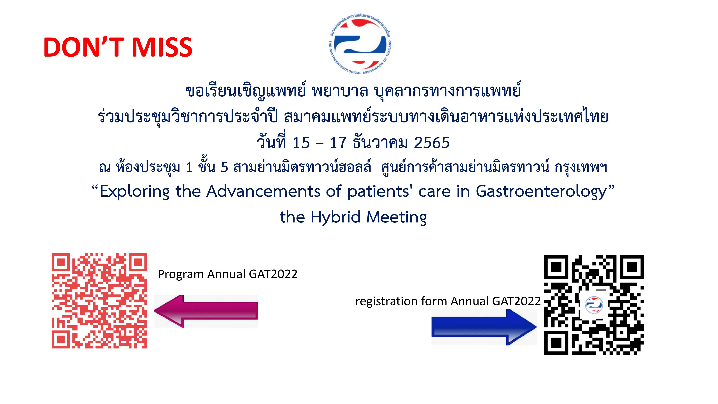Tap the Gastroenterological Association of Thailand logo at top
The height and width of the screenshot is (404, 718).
pos(360,44)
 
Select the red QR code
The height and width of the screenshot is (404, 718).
pos(99,301)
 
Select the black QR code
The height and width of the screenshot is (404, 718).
pos(594,305)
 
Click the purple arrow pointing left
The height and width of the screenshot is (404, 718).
pos(206,311)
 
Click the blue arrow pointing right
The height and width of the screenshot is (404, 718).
pos(484,327)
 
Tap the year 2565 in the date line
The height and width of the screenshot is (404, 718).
pos(432,143)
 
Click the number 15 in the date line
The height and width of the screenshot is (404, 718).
pos(301,143)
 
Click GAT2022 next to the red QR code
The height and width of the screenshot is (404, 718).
pos(273,274)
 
